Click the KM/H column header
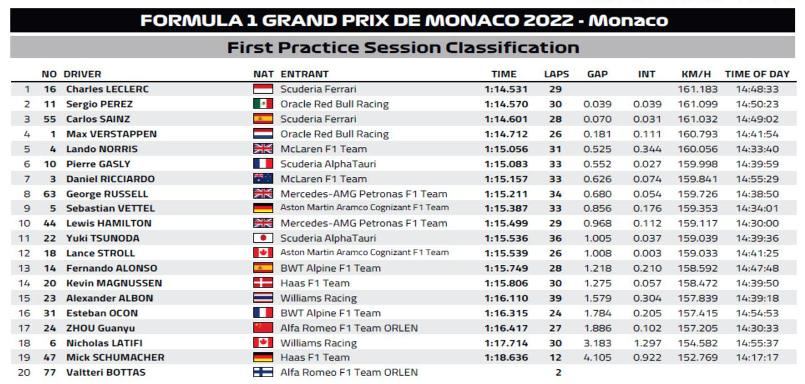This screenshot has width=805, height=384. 696,74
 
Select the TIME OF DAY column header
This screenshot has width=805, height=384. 757,74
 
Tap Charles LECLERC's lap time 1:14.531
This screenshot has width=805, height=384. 506,89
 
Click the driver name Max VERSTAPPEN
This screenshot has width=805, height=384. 111,134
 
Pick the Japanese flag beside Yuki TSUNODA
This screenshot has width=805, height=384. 263,238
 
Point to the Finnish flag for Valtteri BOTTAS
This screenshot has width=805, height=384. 263,373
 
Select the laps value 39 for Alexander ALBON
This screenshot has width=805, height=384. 555,298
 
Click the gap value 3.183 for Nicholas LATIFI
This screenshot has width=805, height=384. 597,343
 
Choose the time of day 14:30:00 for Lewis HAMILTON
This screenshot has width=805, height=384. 757,223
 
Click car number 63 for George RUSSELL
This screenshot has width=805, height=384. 50,194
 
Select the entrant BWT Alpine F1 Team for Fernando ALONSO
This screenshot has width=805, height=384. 330,268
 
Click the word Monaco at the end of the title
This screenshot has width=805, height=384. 628,21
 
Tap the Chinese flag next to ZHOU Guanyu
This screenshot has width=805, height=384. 263,328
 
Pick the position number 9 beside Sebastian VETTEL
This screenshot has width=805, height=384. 27,208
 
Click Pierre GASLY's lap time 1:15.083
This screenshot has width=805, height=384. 506,164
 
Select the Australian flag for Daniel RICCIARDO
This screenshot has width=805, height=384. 263,179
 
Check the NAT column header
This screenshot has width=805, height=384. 263,74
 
